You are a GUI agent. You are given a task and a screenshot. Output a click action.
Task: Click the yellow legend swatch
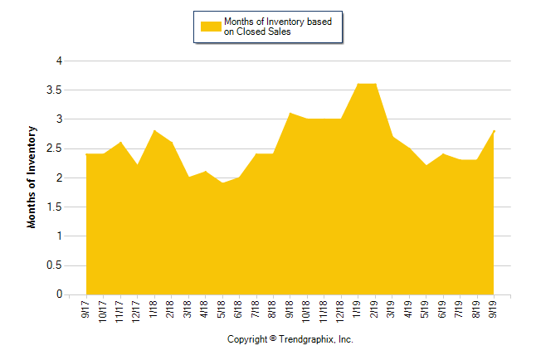[212, 27]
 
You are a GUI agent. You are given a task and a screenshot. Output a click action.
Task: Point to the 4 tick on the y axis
[59, 61]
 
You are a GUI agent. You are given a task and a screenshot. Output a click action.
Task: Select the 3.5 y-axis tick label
[56, 90]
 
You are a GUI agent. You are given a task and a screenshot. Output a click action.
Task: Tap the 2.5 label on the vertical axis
[56, 148]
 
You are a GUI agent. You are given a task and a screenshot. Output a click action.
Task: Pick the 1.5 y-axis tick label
[56, 207]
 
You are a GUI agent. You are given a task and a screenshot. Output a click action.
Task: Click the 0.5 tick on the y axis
[56, 265]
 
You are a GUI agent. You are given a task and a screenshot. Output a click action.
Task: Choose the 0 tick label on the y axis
[59, 294]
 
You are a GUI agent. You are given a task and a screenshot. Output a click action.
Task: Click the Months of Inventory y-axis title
[32, 177]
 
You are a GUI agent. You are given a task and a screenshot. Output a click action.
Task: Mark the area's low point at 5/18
[222, 183]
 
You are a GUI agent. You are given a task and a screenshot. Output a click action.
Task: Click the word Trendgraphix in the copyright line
[308, 339]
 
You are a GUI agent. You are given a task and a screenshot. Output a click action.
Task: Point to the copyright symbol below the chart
[273, 338]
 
